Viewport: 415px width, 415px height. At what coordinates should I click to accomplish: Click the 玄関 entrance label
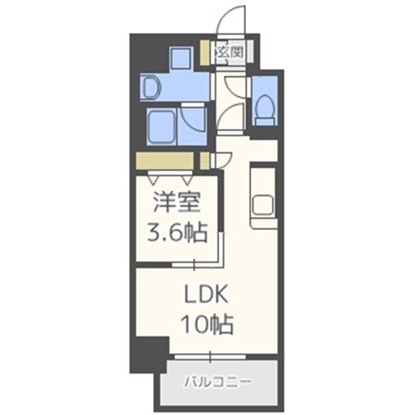click(230, 52)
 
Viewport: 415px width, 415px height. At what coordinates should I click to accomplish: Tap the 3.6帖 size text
click(176, 231)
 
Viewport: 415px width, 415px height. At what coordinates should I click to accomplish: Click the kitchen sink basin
click(264, 206)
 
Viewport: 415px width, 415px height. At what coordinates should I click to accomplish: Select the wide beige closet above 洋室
click(165, 160)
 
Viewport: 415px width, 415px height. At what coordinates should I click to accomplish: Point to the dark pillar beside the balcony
click(148, 355)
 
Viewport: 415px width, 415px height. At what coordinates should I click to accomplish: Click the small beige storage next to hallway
click(204, 159)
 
